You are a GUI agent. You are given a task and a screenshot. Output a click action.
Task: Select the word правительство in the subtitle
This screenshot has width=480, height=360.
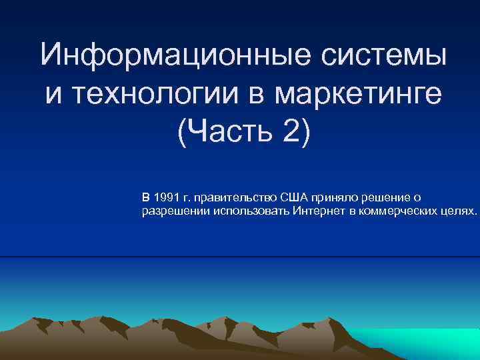tap(233, 197)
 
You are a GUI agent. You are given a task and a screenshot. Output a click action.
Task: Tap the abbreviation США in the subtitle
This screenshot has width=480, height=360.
tap(293, 197)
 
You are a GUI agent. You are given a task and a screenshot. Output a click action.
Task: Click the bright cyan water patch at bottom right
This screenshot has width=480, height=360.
tap(427, 343)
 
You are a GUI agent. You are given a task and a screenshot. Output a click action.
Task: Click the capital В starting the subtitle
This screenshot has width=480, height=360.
tap(146, 197)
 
